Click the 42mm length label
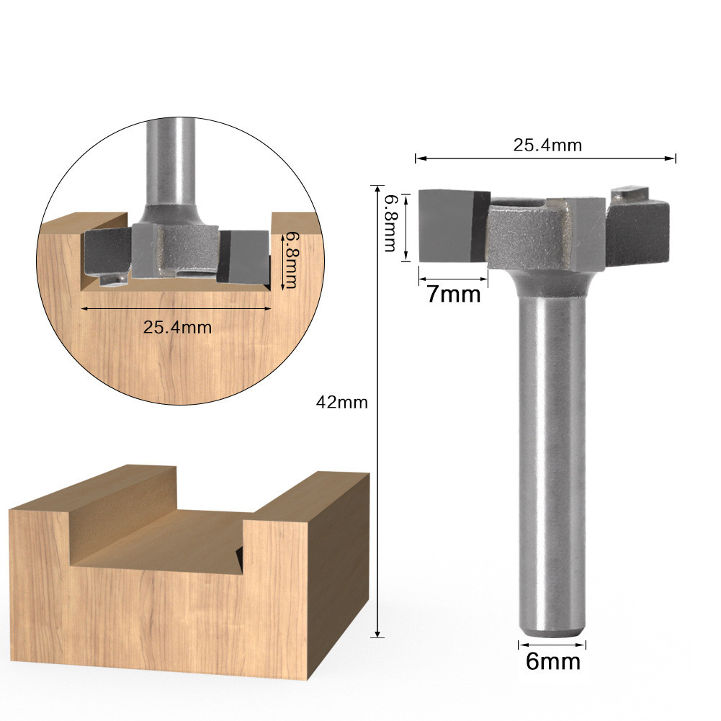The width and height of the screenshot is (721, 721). pyautogui.click(x=341, y=403)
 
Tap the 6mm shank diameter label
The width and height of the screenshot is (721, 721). pyautogui.click(x=552, y=662)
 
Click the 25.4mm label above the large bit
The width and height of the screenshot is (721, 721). pyautogui.click(x=547, y=145)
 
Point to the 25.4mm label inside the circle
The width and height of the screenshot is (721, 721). pyautogui.click(x=177, y=328)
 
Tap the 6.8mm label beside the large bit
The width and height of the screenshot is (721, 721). pyautogui.click(x=390, y=223)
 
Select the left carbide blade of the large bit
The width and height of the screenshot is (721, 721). pyautogui.click(x=454, y=225)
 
